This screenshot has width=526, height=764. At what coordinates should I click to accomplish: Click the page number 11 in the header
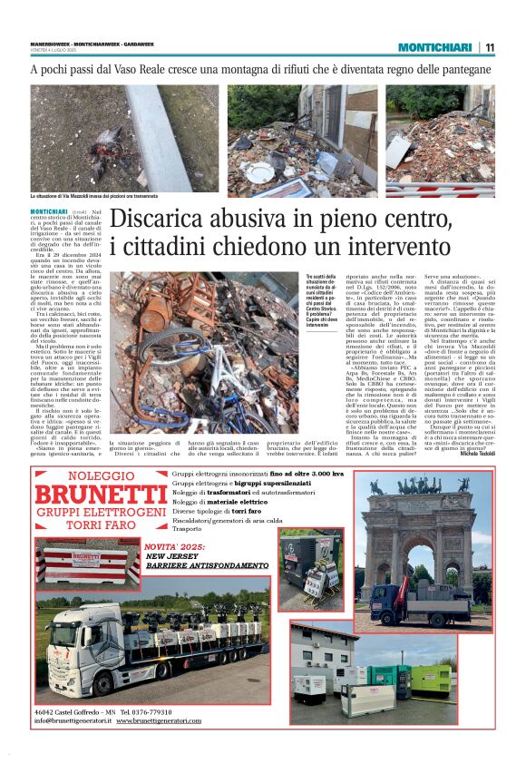point(490,47)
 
